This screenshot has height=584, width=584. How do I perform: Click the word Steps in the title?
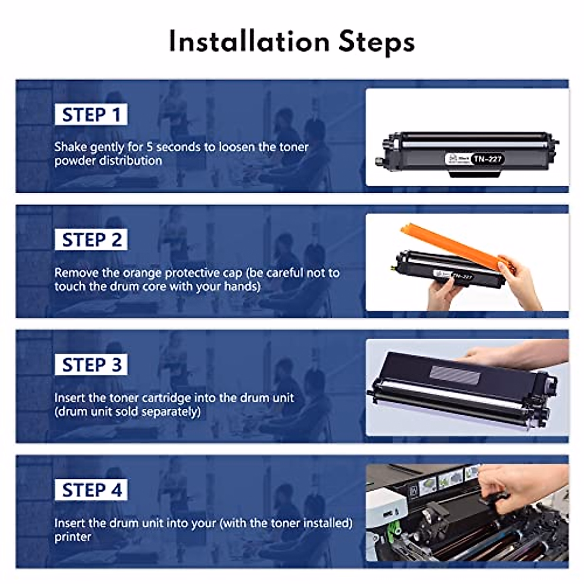[x=376, y=43]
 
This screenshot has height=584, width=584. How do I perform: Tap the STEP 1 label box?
[x=91, y=115]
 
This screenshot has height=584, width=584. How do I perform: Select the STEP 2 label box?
[x=91, y=240]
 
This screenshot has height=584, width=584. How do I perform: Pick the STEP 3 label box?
[x=91, y=365]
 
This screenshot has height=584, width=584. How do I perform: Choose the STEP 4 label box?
[x=91, y=490]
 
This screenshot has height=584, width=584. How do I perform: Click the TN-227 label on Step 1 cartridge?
[x=487, y=159]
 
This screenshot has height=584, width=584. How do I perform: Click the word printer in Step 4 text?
[x=73, y=537]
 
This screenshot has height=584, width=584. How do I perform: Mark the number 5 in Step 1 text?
[x=150, y=147]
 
